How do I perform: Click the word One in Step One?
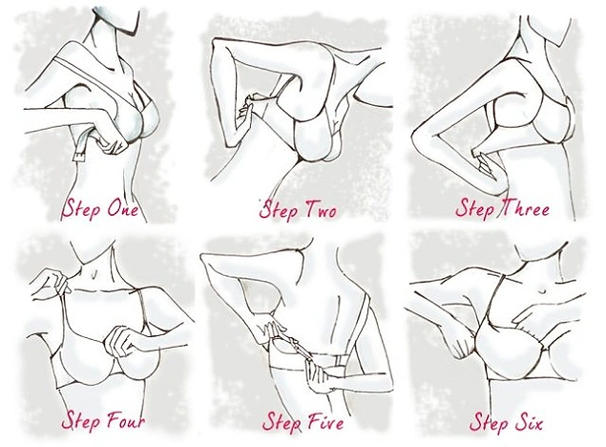[122, 208]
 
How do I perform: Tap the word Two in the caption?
[321, 209]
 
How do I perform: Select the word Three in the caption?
[525, 208]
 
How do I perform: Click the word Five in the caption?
[324, 420]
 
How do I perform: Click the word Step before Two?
[280, 211]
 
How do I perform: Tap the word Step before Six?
[489, 422]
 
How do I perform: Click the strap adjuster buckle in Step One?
[80, 157]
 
